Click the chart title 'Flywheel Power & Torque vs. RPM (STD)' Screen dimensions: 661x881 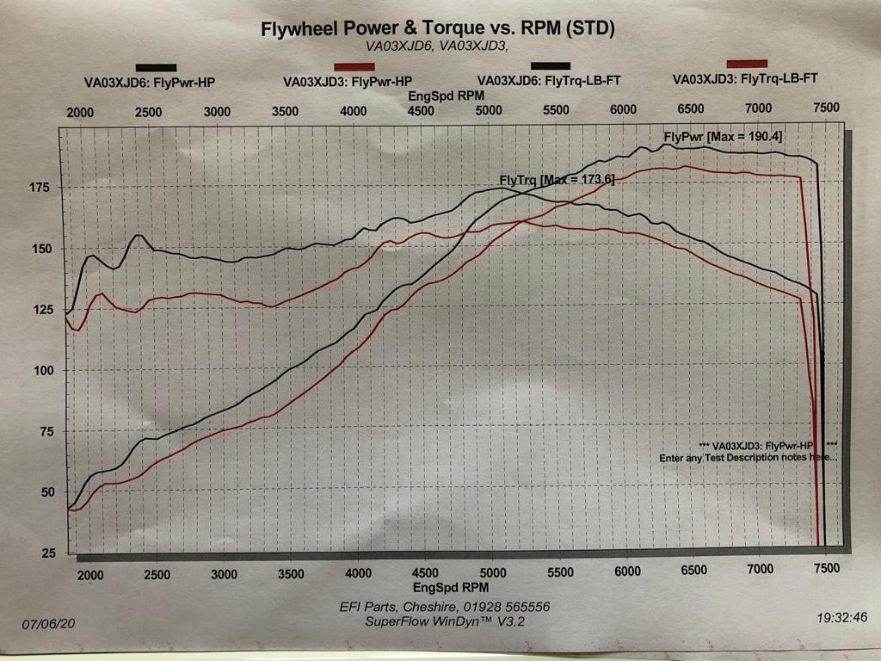(438, 29)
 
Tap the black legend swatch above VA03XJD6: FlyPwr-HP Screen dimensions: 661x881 (156, 67)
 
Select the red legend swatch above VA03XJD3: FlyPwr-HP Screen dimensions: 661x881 (354, 67)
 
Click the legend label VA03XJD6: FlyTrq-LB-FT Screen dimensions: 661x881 (549, 81)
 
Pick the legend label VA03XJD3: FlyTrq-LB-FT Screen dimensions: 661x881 (744, 77)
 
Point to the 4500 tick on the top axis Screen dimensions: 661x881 (421, 111)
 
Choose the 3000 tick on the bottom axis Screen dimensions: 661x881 (224, 574)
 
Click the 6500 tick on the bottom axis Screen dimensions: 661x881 (693, 571)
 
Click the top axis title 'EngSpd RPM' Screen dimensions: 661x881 (446, 96)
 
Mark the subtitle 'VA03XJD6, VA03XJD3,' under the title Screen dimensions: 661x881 (438, 47)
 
